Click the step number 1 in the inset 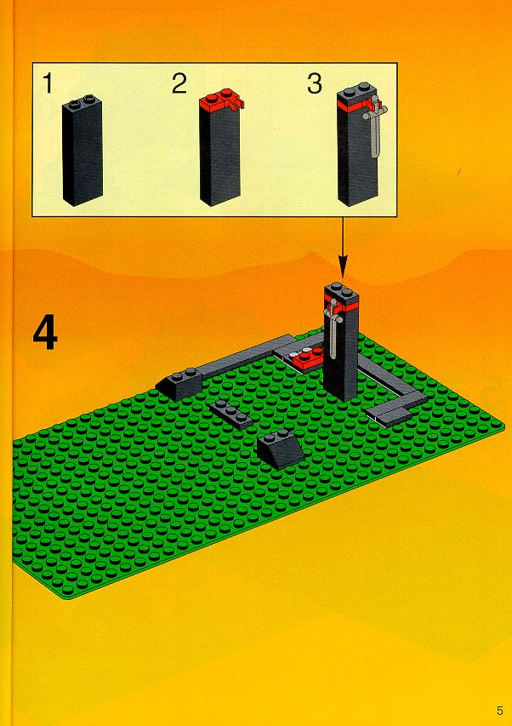[47, 83]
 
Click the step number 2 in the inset [179, 83]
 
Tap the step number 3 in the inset [315, 83]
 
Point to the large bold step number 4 [45, 334]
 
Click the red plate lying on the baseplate [306, 359]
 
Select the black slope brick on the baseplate [281, 449]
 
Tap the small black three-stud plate [230, 414]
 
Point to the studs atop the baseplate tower [341, 289]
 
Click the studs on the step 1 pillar [82, 99]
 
